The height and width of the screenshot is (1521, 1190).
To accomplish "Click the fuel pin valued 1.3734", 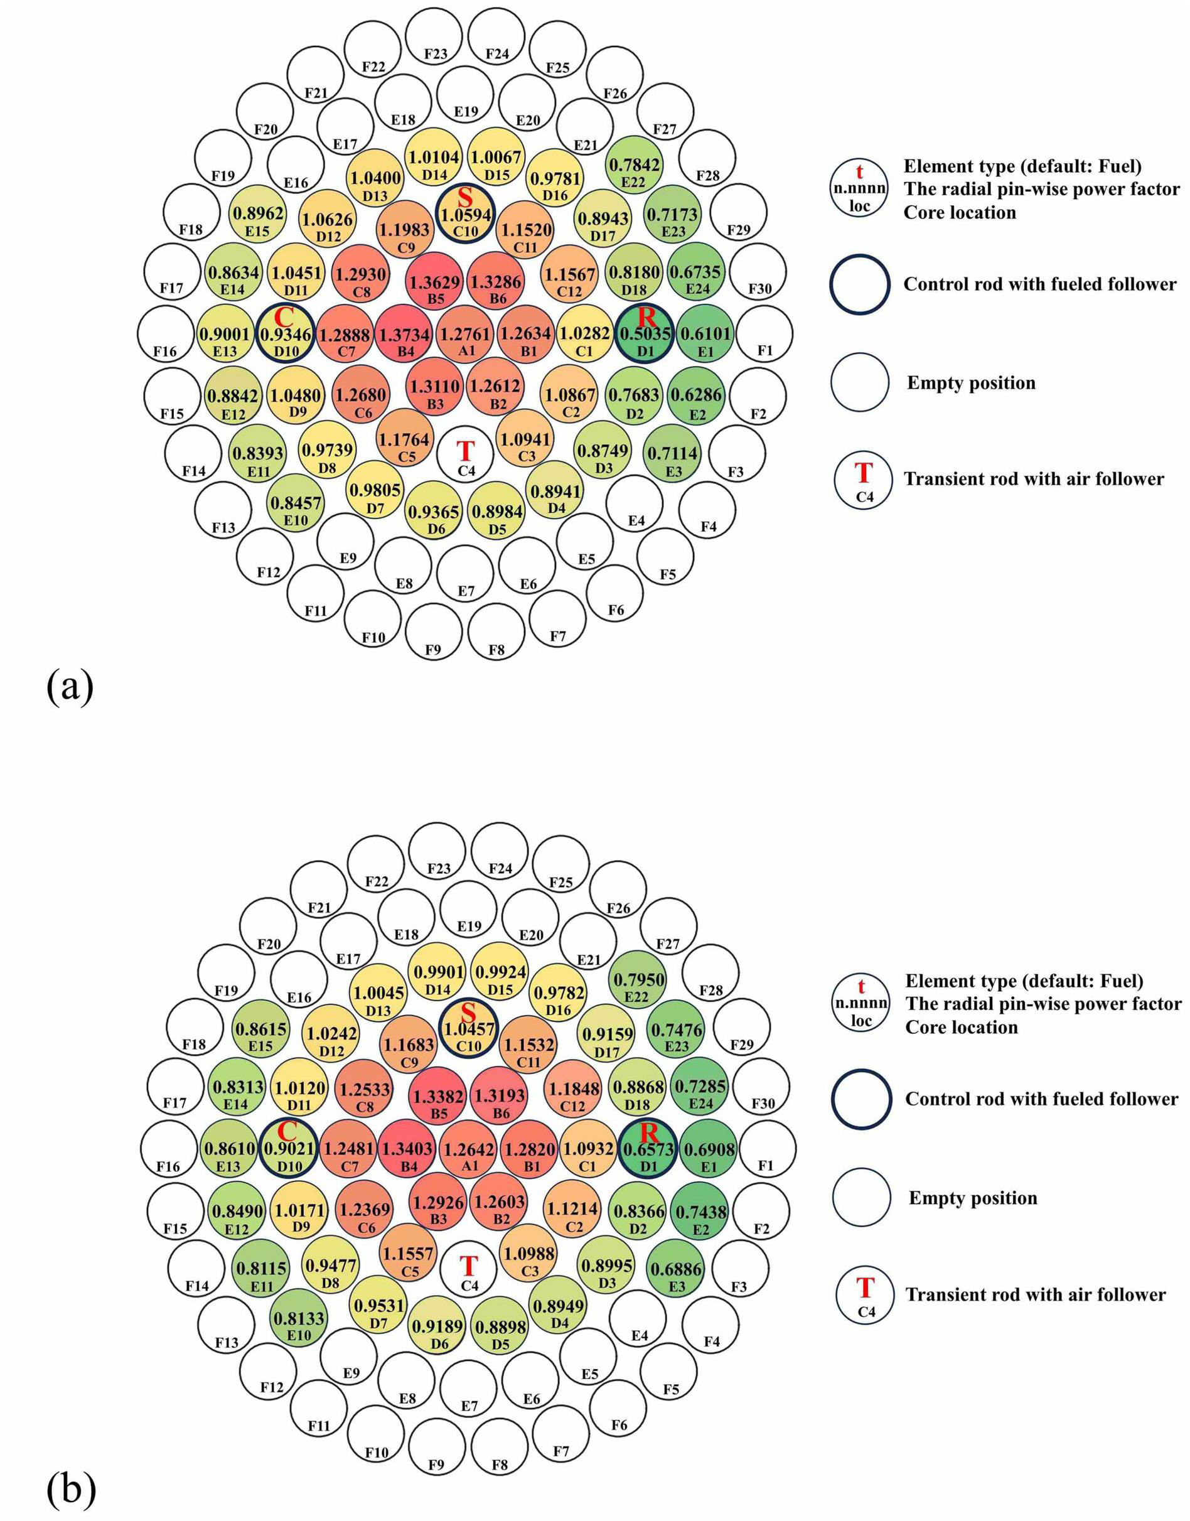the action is click(x=405, y=336).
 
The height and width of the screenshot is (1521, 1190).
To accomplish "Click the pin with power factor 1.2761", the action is click(x=466, y=336).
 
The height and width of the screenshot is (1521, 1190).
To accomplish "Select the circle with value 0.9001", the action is click(x=225, y=336).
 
